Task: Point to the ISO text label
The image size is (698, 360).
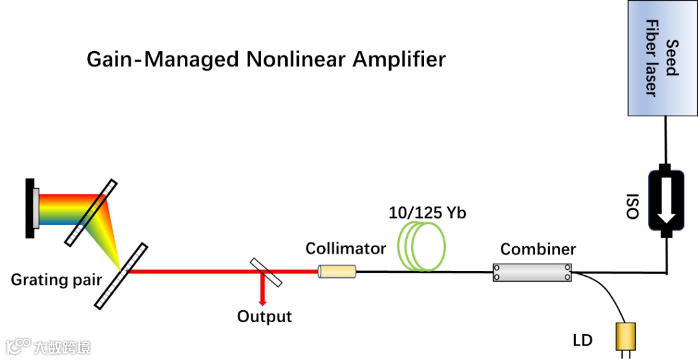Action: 634,206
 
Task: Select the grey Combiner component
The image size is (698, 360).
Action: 533,272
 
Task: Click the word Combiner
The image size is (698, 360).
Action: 538,249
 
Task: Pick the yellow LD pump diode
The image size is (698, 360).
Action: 626,337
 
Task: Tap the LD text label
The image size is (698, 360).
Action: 582,340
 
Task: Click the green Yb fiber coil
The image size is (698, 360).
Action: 422,246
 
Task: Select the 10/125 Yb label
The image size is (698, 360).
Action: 427,212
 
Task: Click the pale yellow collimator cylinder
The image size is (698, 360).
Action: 336,272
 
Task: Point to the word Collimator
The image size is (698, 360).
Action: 345,249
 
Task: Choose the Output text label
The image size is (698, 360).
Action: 264,317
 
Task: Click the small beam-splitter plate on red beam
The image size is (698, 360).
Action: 265,272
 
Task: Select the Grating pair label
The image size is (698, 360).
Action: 56,281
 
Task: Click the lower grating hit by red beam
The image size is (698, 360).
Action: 121,275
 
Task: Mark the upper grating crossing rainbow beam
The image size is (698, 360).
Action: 90,212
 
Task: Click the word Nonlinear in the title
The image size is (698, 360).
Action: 297,59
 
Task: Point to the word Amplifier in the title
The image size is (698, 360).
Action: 399,59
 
